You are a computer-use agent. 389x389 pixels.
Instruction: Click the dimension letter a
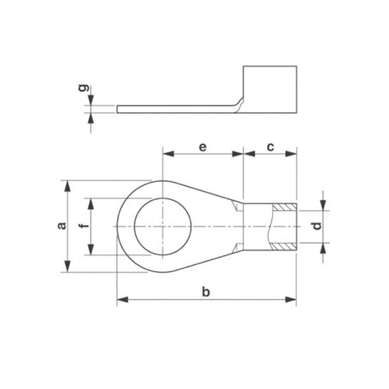tap(61, 226)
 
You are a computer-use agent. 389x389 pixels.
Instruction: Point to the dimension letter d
tap(317, 226)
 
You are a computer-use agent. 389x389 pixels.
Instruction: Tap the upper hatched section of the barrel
tap(284, 207)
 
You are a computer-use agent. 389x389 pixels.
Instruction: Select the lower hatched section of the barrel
tap(284, 246)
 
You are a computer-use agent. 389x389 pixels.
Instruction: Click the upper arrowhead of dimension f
tap(90, 203)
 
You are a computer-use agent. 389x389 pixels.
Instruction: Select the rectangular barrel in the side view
tap(269, 90)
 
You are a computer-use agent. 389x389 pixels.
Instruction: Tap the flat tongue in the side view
tap(175, 109)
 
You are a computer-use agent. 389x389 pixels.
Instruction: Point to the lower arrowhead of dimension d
tap(324, 248)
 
